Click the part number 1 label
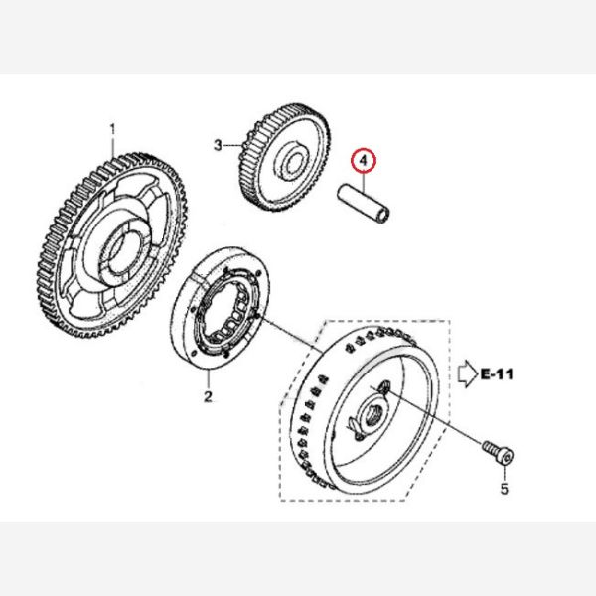112,129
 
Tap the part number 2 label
209,397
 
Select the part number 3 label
219,145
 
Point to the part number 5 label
504,488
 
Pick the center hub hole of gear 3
295,159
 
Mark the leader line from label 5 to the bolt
504,471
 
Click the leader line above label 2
209,381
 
